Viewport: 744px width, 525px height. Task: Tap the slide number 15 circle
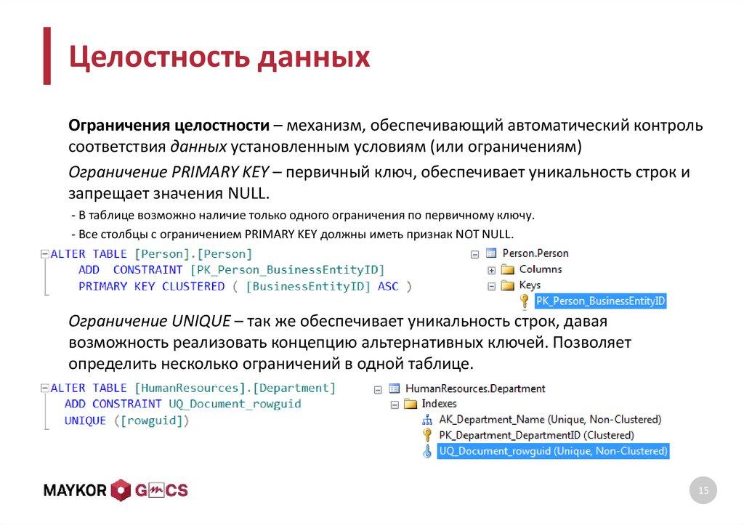[x=703, y=492]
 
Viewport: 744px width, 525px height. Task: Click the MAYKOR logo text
[x=76, y=491]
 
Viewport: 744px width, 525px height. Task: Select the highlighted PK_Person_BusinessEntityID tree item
[x=600, y=301]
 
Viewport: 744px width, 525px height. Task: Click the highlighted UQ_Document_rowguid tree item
[x=553, y=451]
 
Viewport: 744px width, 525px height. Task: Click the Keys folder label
[x=530, y=285]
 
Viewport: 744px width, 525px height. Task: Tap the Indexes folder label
[x=439, y=404]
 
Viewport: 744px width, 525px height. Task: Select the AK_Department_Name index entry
[x=550, y=419]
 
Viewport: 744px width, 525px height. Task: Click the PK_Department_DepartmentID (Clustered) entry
[x=536, y=435]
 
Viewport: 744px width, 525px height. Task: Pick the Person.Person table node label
[x=535, y=253]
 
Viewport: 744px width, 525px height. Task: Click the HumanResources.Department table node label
[x=475, y=388]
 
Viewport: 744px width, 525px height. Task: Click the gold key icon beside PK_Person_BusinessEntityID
[x=524, y=301]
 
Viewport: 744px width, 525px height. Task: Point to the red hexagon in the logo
[x=121, y=491]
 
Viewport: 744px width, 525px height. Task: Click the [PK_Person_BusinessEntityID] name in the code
[x=287, y=269]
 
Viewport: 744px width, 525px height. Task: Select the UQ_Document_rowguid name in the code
[x=235, y=404]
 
